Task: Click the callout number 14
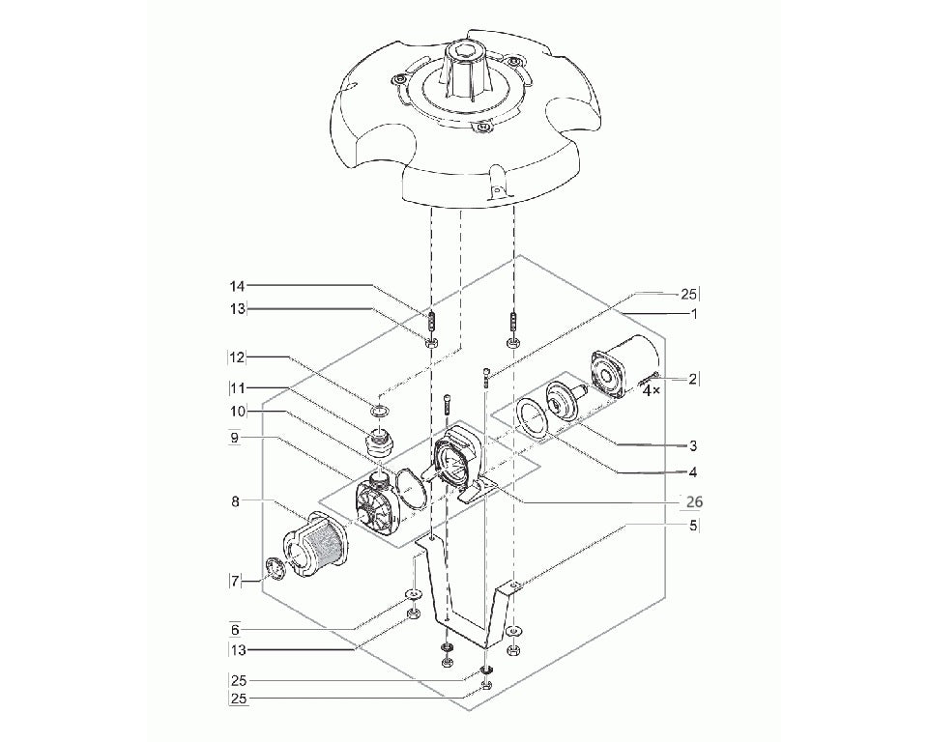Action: click(x=238, y=286)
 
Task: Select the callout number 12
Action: click(x=237, y=357)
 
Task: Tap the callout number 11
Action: click(x=237, y=388)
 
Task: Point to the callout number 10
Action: click(x=238, y=411)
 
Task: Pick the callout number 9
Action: click(x=234, y=439)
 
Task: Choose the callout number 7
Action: click(x=236, y=582)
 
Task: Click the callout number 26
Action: click(x=694, y=502)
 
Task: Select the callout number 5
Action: click(x=694, y=525)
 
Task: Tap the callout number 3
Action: click(x=694, y=445)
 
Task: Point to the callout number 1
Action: click(x=694, y=314)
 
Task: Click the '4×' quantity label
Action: click(x=651, y=390)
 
